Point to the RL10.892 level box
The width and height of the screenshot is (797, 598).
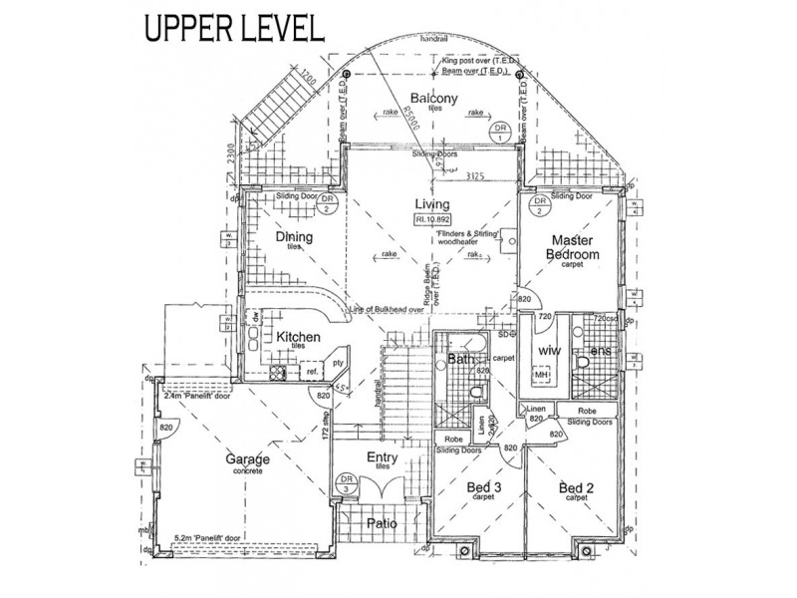433,221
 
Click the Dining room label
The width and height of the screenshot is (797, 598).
294,237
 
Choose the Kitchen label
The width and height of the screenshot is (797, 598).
298,338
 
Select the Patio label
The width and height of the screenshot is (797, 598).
378,520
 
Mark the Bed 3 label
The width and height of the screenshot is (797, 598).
485,487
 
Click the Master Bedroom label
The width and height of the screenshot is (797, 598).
572,247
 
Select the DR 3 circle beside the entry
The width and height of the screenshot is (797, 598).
345,486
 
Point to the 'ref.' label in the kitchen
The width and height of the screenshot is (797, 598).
313,373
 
